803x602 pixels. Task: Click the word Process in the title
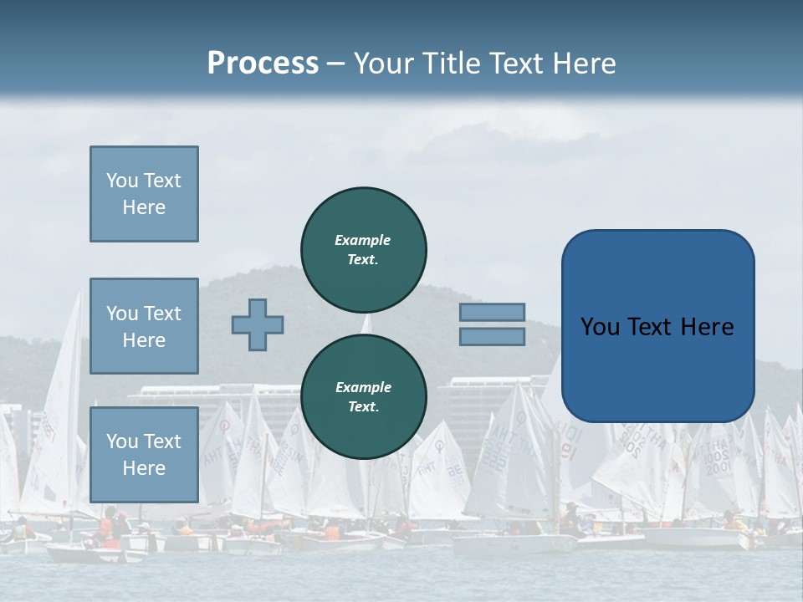[263, 64]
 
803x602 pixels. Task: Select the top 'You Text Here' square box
[144, 194]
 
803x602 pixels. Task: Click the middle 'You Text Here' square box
[144, 326]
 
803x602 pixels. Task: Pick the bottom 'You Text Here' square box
[144, 454]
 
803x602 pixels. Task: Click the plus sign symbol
[258, 324]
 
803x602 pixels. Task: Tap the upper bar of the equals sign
[493, 313]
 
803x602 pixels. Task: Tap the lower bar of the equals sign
[493, 337]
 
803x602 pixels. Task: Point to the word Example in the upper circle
[363, 240]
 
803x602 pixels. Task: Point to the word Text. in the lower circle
[363, 407]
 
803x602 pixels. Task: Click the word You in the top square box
[121, 181]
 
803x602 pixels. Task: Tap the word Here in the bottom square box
[144, 468]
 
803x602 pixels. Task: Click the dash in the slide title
[336, 64]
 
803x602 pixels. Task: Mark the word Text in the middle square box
[162, 314]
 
